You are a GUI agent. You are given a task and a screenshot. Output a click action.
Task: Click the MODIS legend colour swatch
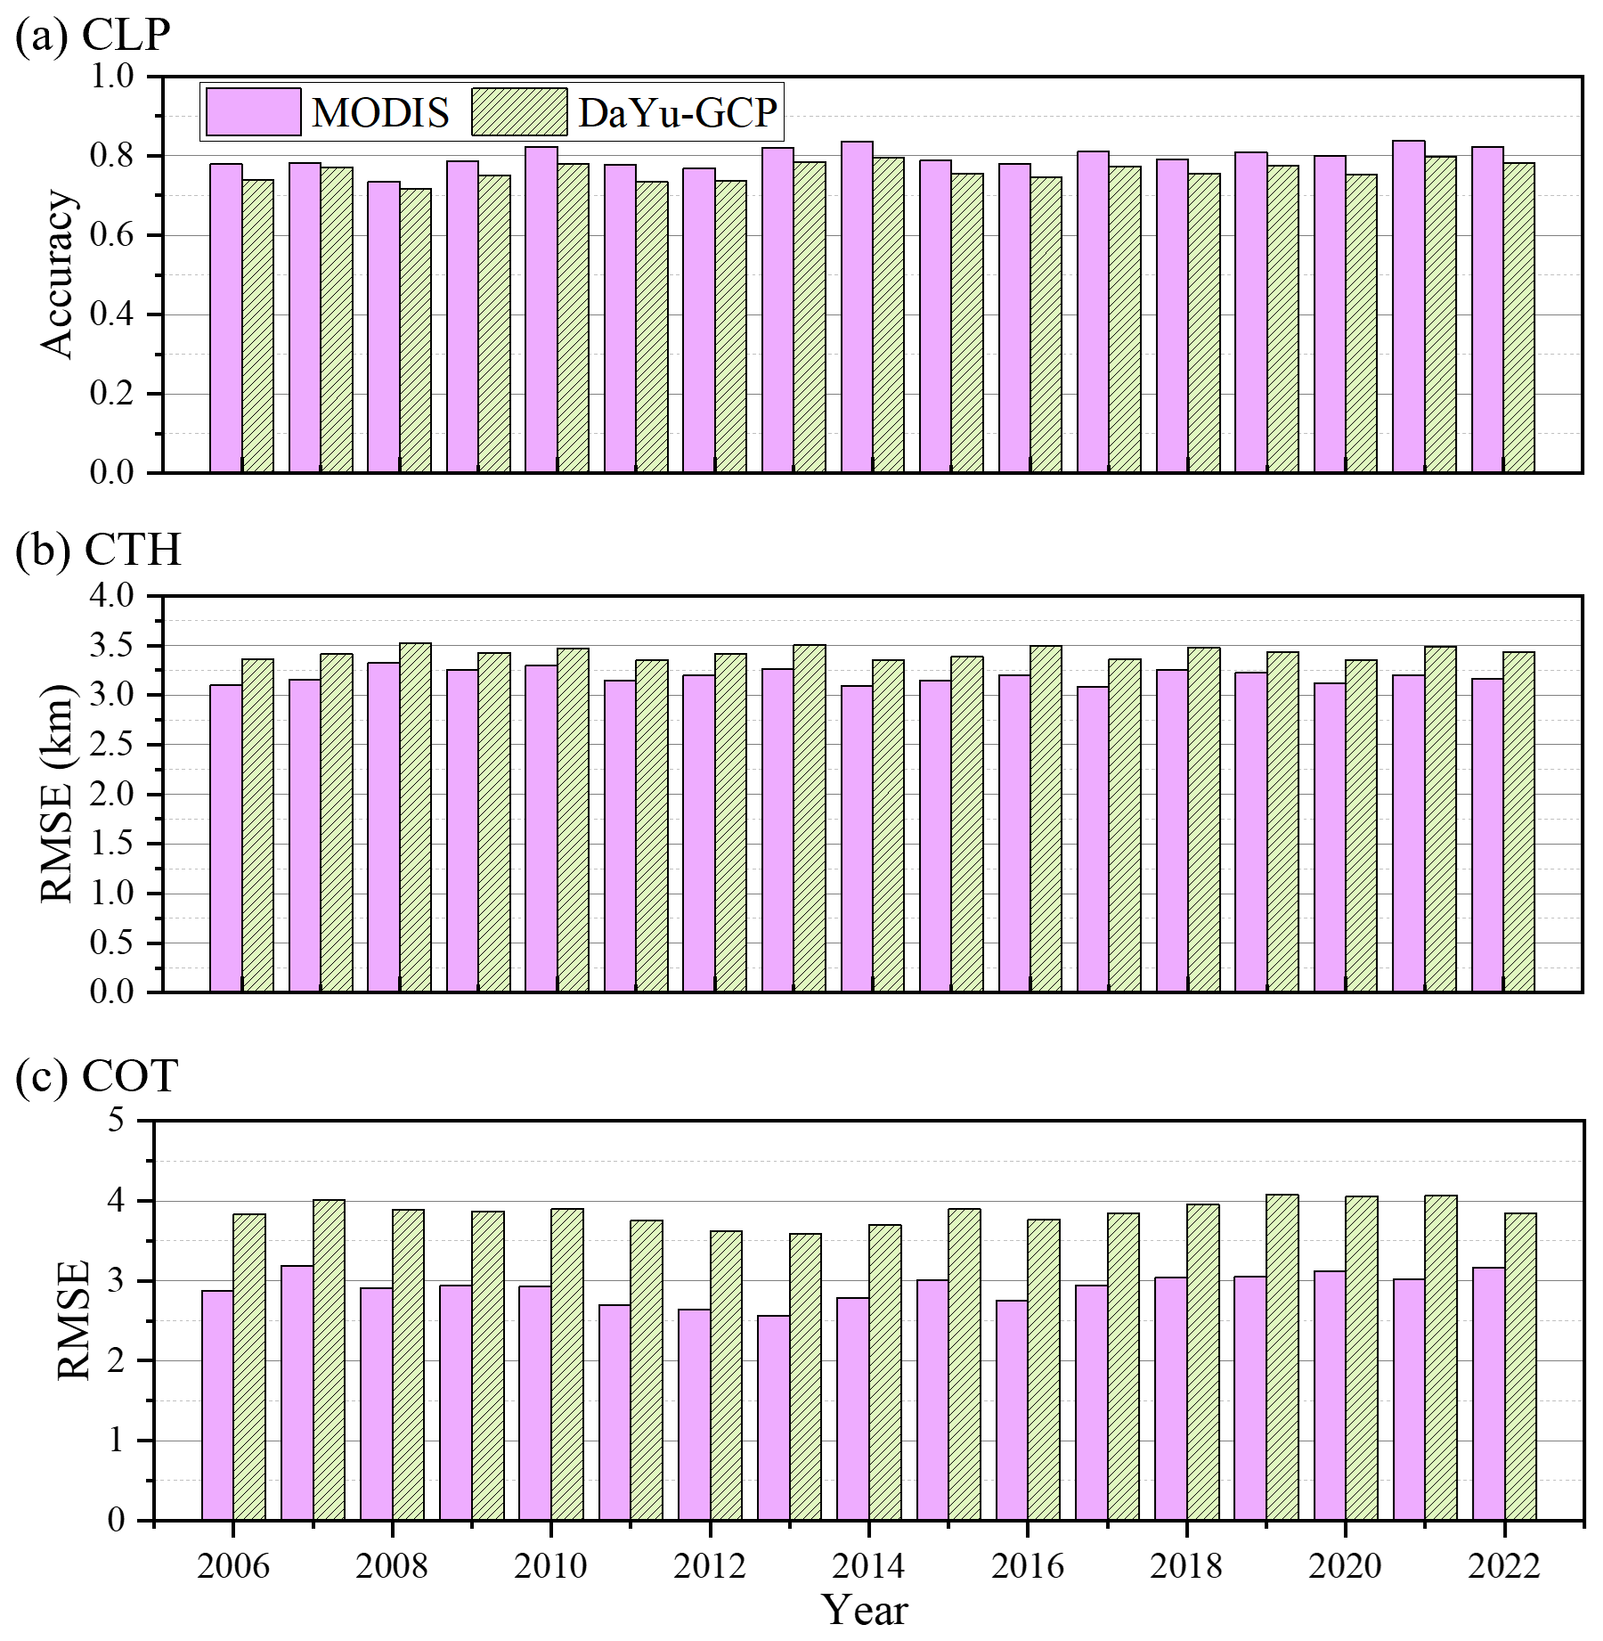[254, 112]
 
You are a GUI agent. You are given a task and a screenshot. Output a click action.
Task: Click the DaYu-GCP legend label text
[678, 113]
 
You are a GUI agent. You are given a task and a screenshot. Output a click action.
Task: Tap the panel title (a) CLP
[93, 36]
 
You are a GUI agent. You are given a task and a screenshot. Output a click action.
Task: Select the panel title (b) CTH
[98, 550]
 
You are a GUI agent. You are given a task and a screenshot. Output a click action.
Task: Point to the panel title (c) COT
[96, 1075]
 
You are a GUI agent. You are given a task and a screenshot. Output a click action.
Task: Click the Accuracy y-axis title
[58, 274]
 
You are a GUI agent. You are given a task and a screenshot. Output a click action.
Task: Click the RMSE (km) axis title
[58, 793]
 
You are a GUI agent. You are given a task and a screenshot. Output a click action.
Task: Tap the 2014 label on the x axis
[867, 1565]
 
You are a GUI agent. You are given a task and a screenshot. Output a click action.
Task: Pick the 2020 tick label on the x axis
[1345, 1565]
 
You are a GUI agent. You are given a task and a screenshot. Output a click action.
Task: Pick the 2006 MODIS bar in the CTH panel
[225, 837]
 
